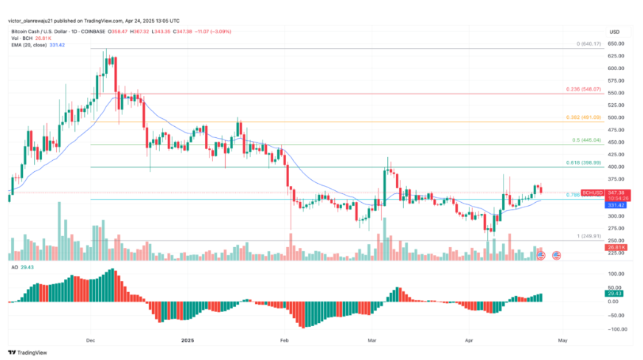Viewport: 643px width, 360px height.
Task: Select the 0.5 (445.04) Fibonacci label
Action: click(587, 140)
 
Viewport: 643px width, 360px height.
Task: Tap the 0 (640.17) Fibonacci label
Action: click(590, 44)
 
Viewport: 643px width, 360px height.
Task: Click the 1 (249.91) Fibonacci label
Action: click(589, 236)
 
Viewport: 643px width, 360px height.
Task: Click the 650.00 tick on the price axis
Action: click(616, 44)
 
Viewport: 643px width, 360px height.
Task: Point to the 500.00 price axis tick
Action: click(616, 117)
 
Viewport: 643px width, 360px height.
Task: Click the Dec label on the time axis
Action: click(91, 341)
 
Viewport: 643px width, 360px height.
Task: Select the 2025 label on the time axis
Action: click(187, 341)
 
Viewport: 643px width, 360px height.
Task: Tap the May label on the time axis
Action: click(563, 341)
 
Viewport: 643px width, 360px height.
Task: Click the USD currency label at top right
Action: click(614, 31)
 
